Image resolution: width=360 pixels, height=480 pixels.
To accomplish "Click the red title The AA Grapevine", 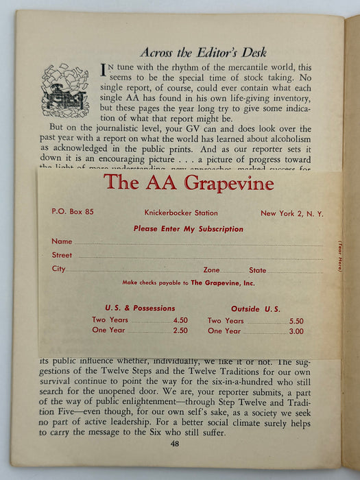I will click(189, 183).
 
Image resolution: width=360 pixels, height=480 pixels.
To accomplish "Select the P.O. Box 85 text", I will click(72, 212).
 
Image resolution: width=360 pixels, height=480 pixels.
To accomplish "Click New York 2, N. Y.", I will click(291, 213).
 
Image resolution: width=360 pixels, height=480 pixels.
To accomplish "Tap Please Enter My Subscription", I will click(188, 229).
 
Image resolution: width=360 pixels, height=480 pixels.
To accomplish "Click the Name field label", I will click(62, 241).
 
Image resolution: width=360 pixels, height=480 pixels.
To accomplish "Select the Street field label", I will click(62, 255).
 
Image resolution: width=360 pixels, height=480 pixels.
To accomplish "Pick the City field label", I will click(59, 269).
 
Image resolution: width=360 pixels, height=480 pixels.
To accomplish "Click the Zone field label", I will click(211, 270).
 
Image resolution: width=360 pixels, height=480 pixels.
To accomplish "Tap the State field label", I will click(257, 270).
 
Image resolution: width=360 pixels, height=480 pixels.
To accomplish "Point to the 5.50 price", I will click(296, 321).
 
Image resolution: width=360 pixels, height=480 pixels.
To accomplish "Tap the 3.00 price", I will click(296, 331).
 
